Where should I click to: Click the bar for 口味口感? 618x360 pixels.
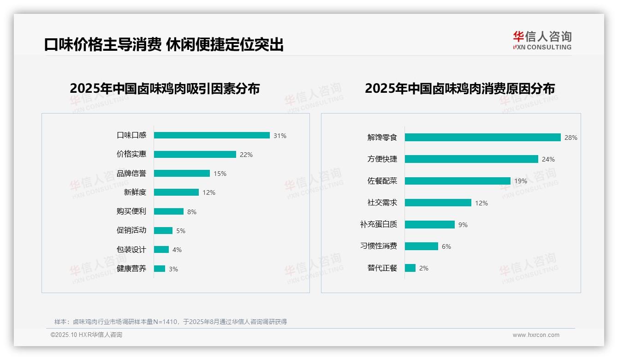212,135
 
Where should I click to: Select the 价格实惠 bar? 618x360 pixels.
195,154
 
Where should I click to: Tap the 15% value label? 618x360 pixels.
220,174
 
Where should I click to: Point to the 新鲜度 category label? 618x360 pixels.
135,192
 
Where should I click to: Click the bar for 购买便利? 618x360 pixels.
168,211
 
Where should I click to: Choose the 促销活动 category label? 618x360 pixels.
131,230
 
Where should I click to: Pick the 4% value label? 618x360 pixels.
177,250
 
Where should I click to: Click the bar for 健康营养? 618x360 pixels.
160,269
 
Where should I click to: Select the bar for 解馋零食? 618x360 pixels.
482,137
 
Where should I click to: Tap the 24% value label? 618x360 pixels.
548,159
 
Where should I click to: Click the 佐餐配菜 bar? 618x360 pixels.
458,181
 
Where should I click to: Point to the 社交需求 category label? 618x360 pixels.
382,203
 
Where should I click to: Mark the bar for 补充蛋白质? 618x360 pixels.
429,224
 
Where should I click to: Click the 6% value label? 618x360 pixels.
446,246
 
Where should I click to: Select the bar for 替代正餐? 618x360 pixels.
410,268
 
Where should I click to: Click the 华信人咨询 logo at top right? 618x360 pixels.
542,40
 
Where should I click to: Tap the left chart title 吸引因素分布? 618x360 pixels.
165,88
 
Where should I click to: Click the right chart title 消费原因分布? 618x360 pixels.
459,88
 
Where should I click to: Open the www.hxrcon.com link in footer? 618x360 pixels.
536,335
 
